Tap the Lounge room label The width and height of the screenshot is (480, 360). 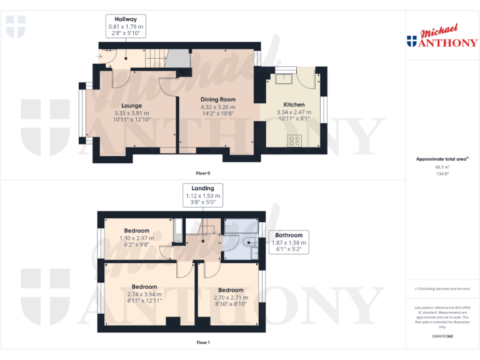pos(131,106)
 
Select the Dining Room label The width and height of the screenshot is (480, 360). pos(217,99)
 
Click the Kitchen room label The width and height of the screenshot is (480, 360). pos(294,105)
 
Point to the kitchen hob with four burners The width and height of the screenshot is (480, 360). pos(294,141)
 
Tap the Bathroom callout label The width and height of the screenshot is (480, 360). pos(289,235)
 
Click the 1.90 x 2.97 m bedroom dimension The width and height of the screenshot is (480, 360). pos(136,238)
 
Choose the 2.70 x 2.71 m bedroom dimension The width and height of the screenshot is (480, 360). pos(231,297)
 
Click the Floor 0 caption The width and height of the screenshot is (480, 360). pos(203,172)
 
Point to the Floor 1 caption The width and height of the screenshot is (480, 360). pos(203,342)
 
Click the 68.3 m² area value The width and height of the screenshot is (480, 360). pos(442,167)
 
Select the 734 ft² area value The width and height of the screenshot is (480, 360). pos(442,174)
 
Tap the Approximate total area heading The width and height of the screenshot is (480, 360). pos(442,159)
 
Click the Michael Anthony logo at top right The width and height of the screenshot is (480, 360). pos(442,37)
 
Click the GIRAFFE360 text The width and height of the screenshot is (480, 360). pos(442,337)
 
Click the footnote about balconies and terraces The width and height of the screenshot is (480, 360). pos(442,289)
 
